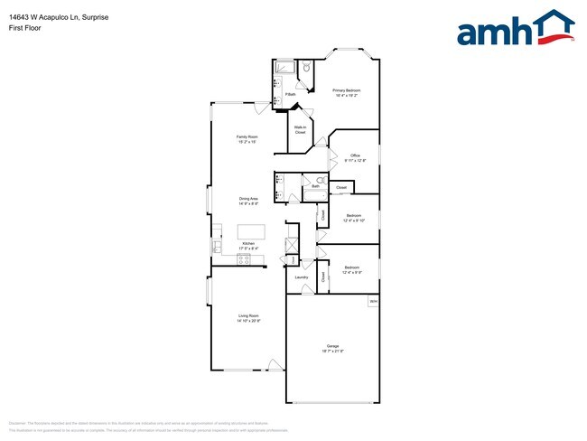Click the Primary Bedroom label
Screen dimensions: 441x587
[346, 92]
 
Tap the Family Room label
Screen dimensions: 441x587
[247, 139]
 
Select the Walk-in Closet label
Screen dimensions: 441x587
[300, 130]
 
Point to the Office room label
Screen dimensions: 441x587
[355, 157]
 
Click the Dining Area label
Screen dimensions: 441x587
[248, 201]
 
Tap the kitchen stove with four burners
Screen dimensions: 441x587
[244, 259]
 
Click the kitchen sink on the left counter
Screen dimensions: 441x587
[217, 245]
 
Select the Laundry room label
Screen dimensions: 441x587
[302, 277]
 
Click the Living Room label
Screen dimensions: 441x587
[247, 318]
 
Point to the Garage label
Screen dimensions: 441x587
[332, 348]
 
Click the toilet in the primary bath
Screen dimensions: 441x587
[307, 68]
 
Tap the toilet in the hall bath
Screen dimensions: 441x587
[308, 180]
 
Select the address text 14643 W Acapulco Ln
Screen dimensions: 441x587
[50, 17]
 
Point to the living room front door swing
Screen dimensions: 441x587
[275, 366]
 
